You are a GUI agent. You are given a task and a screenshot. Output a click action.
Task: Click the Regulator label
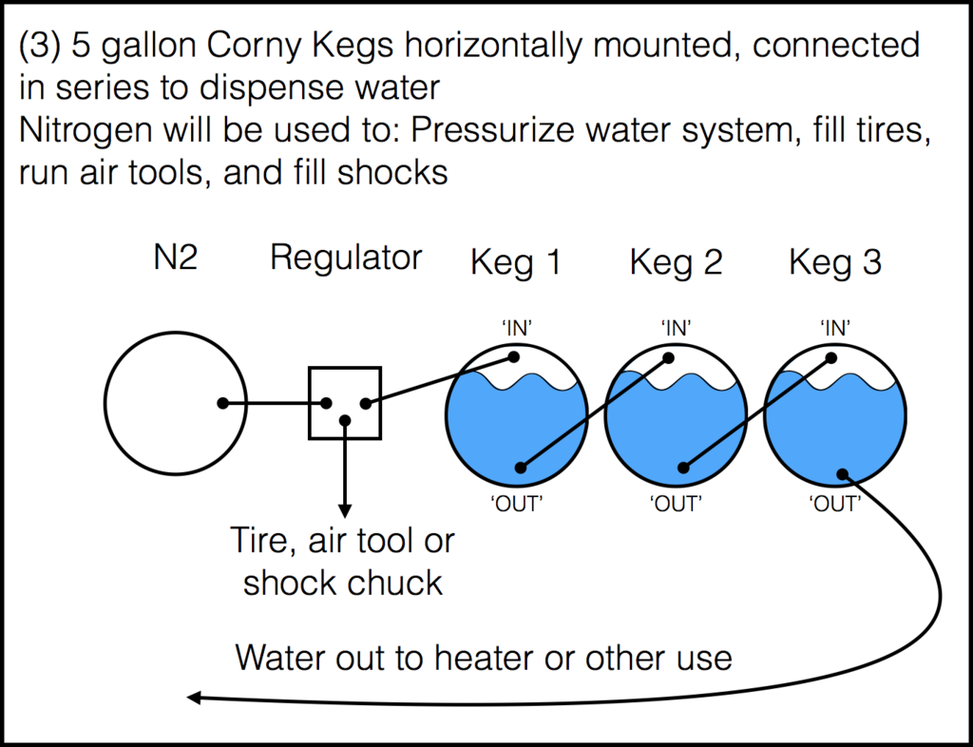(346, 258)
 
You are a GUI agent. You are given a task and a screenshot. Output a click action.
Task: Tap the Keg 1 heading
(516, 263)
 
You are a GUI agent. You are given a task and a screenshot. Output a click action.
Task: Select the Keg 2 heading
(676, 263)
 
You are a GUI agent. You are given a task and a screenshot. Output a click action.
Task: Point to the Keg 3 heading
(835, 263)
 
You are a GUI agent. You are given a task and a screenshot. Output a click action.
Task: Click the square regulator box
(345, 403)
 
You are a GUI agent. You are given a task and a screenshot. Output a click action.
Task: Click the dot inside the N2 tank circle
(222, 403)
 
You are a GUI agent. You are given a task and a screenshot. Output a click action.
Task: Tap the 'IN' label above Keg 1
(516, 328)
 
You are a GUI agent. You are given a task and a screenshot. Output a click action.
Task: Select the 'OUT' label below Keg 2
(676, 505)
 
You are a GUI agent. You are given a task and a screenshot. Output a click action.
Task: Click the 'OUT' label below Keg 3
(835, 505)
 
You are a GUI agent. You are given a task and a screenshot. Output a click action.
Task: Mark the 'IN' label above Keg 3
(835, 328)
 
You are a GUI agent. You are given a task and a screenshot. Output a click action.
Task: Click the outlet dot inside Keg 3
(842, 473)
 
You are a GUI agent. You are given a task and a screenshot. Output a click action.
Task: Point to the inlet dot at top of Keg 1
(513, 357)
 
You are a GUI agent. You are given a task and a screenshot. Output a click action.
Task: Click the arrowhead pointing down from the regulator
(345, 508)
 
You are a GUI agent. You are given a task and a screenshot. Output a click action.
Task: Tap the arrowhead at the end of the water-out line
(193, 699)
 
